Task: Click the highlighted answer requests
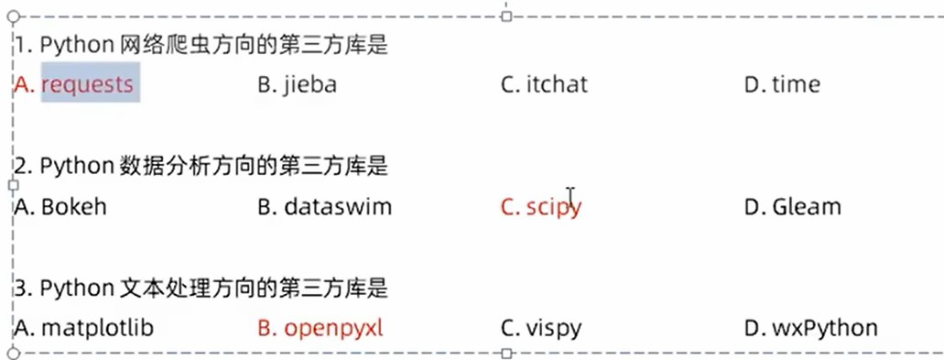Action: pyautogui.click(x=88, y=85)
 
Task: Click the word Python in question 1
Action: pyautogui.click(x=75, y=45)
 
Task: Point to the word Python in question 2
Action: pyautogui.click(x=75, y=166)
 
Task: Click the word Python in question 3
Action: pyautogui.click(x=75, y=288)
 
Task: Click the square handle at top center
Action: pyautogui.click(x=506, y=16)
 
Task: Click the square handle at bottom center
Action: pyautogui.click(x=506, y=353)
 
